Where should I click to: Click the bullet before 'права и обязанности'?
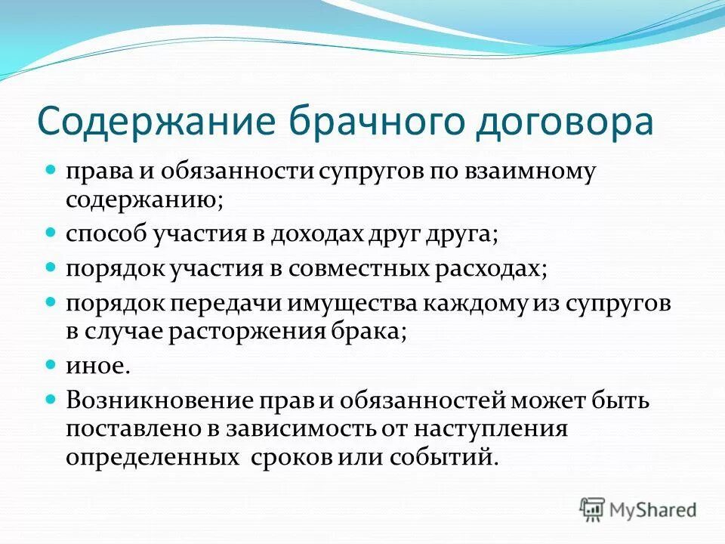pos(51,170)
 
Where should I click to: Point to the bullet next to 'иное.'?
pos(51,365)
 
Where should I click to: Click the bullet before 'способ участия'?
pos(51,234)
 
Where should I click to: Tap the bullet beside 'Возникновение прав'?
pos(51,397)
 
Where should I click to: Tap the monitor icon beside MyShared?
pos(593,508)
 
